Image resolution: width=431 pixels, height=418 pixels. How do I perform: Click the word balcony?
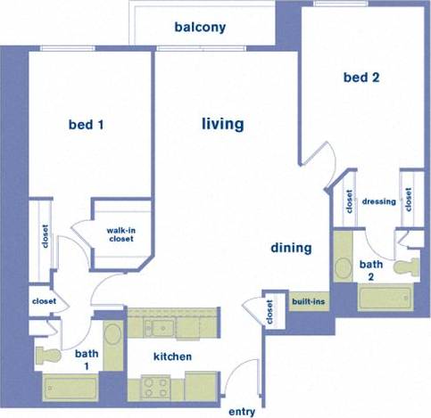tap(200, 27)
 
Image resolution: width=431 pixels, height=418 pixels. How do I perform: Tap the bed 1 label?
tap(87, 125)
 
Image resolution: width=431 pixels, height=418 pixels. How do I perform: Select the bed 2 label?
tap(361, 78)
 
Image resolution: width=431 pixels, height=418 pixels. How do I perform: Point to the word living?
tap(222, 124)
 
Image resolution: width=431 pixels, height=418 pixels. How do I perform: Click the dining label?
tap(292, 248)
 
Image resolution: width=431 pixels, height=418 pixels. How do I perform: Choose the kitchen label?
tap(172, 357)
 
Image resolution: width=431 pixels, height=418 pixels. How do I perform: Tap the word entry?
tap(242, 412)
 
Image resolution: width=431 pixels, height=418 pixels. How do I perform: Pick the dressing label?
tap(379, 201)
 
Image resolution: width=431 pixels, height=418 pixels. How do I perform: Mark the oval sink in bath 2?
tap(343, 266)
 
